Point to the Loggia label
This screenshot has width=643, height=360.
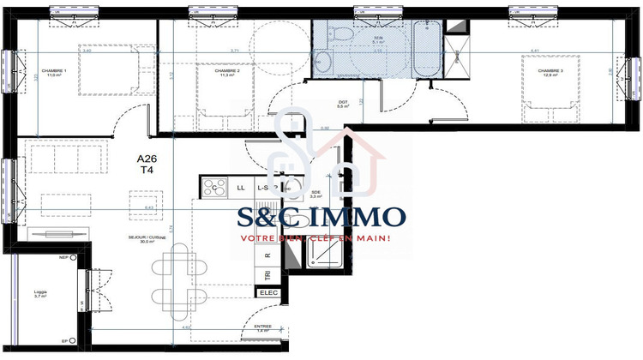tap(39, 292)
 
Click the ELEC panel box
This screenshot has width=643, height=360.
tap(268, 293)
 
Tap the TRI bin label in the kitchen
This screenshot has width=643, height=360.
tap(268, 274)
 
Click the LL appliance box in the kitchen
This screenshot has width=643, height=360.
tap(241, 187)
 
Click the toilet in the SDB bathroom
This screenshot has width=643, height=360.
tap(340, 36)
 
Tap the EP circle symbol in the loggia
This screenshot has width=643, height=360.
tap(76, 340)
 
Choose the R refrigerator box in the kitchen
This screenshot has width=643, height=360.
tap(268, 255)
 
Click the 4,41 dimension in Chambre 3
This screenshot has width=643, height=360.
tap(535, 51)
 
